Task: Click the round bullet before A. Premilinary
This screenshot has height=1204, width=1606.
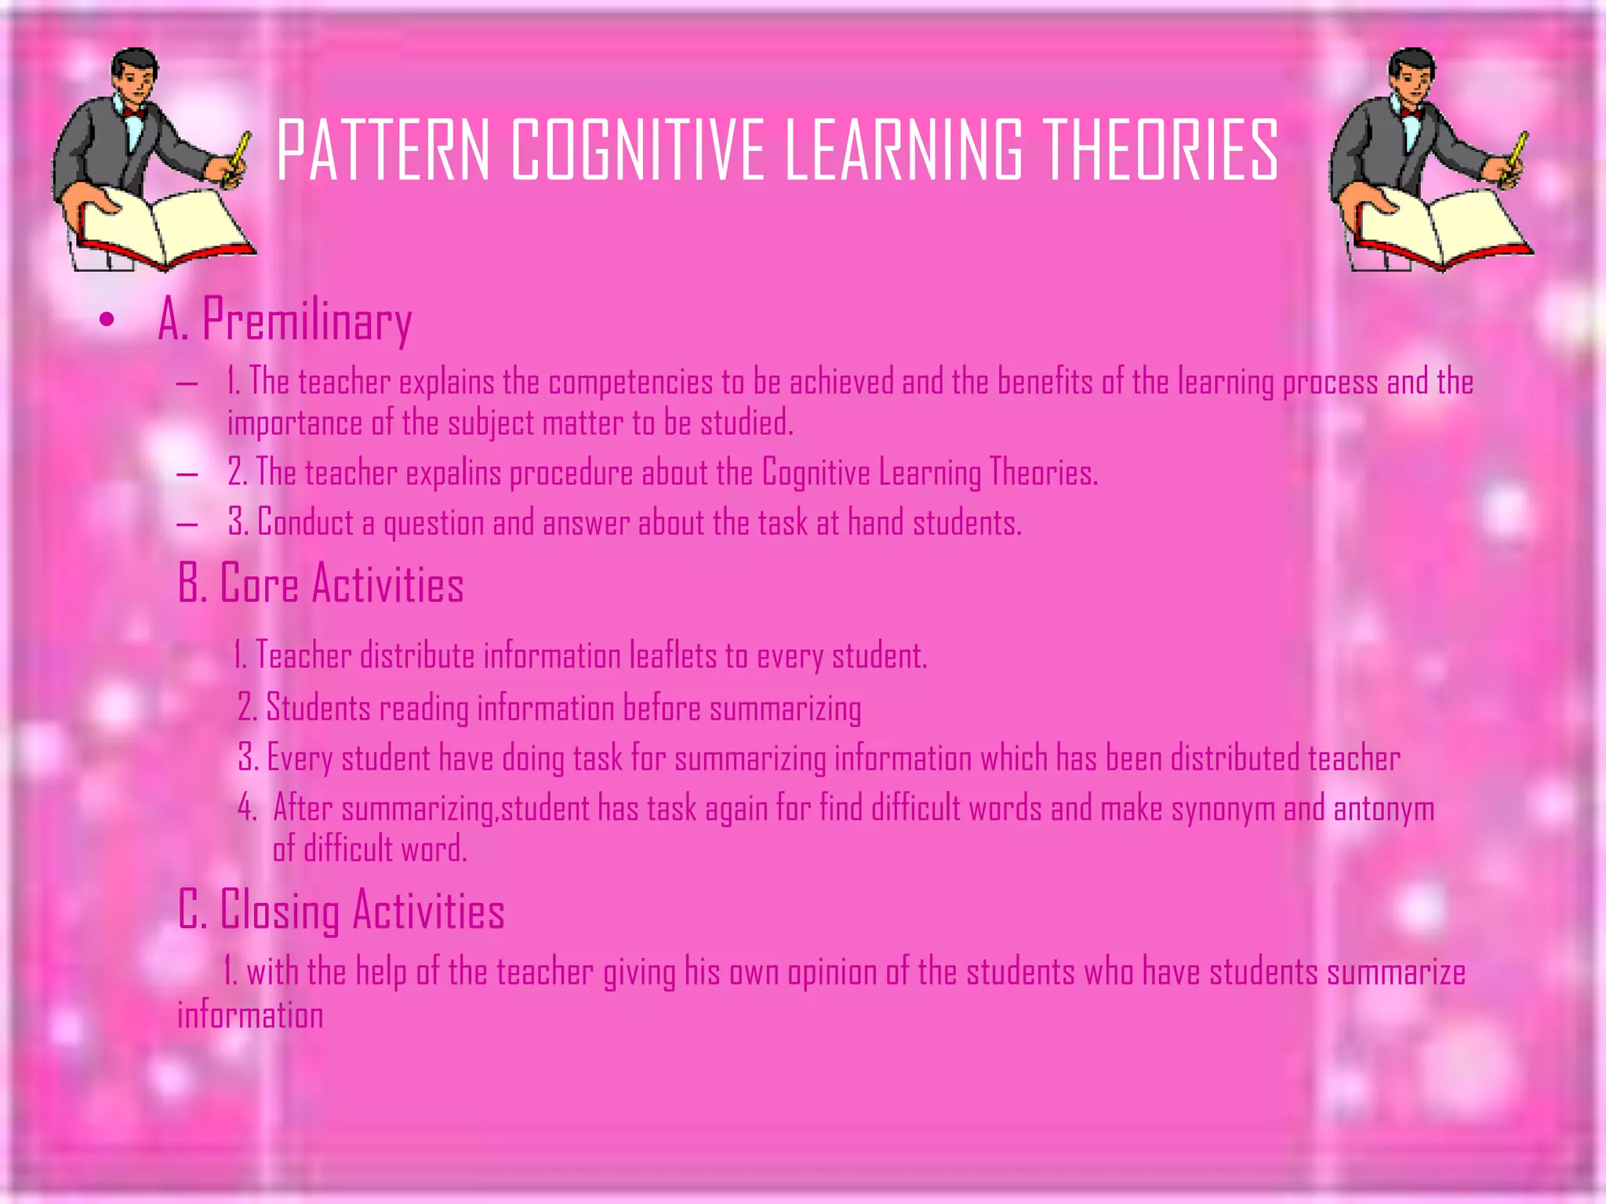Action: [107, 320]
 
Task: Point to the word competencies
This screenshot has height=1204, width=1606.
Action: [630, 383]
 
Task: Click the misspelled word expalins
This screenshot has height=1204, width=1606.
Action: [453, 473]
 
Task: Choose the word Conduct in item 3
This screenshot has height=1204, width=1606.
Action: [306, 523]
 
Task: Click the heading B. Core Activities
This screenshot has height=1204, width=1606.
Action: [321, 584]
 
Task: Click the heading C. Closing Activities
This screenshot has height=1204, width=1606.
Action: [341, 911]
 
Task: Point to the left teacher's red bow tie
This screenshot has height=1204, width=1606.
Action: [134, 113]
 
